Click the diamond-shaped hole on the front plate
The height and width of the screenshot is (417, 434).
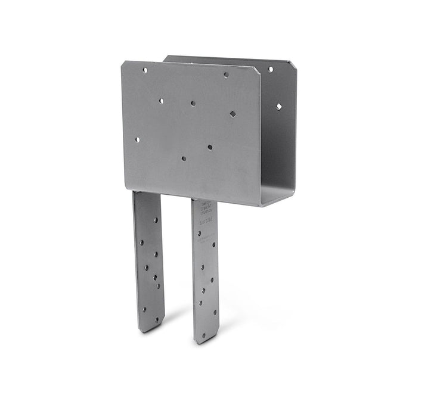click(x=232, y=114)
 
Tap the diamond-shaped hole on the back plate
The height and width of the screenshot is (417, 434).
click(x=278, y=107)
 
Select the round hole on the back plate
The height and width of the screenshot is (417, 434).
click(x=270, y=70)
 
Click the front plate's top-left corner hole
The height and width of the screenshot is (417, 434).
click(x=145, y=70)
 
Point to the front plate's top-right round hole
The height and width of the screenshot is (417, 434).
click(x=226, y=75)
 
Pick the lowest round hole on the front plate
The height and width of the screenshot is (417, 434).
click(x=184, y=159)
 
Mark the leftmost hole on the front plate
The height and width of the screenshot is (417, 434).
click(x=137, y=140)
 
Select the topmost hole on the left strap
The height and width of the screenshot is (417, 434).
click(x=156, y=220)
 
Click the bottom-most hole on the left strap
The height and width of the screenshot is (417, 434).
click(x=157, y=319)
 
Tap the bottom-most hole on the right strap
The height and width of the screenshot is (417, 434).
click(x=204, y=336)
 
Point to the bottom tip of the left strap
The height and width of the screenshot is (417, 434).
click(x=149, y=331)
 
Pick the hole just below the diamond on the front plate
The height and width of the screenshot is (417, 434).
click(x=210, y=147)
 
